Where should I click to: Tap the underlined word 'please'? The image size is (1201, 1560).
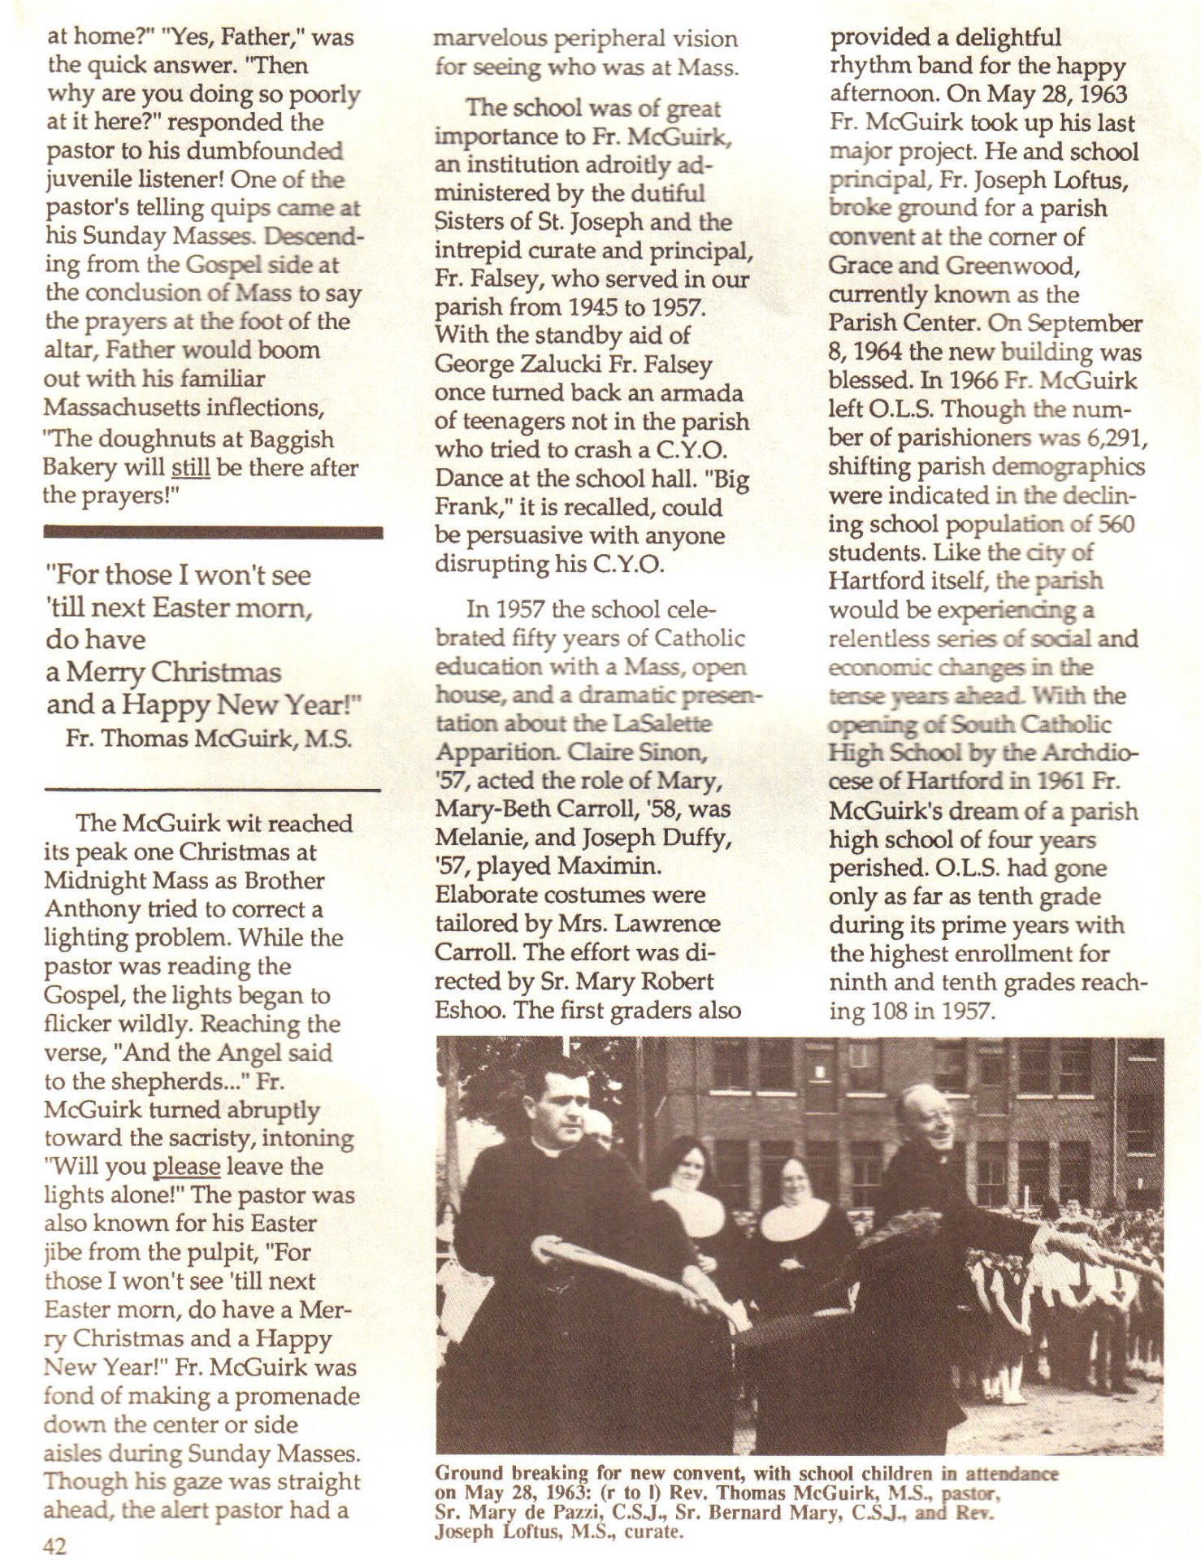[186, 1167]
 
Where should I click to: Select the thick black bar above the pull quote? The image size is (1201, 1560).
[213, 533]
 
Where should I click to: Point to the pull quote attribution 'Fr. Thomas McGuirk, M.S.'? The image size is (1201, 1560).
[208, 739]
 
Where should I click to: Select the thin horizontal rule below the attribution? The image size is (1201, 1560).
[213, 790]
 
